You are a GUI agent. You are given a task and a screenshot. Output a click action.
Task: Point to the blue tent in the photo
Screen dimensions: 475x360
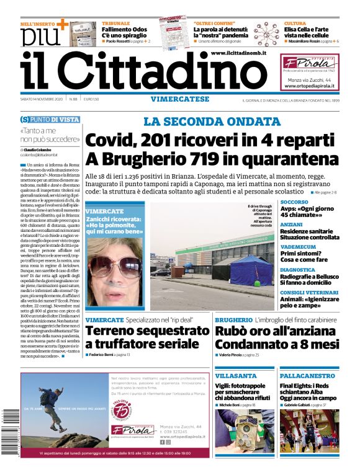[252, 270]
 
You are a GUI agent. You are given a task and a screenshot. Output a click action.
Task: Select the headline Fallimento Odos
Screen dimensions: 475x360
[124, 29]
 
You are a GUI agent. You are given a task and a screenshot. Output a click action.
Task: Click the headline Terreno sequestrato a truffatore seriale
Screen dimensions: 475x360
[146, 337]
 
